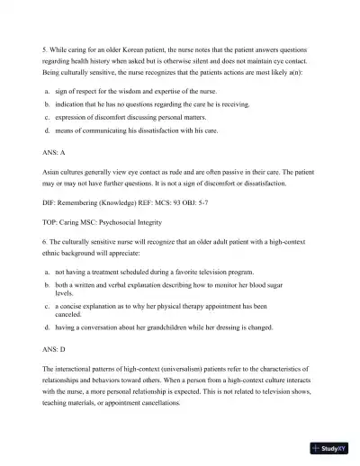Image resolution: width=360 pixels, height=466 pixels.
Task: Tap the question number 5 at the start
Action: tap(45, 49)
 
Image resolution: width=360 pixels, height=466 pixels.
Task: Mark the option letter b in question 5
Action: tap(46, 105)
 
